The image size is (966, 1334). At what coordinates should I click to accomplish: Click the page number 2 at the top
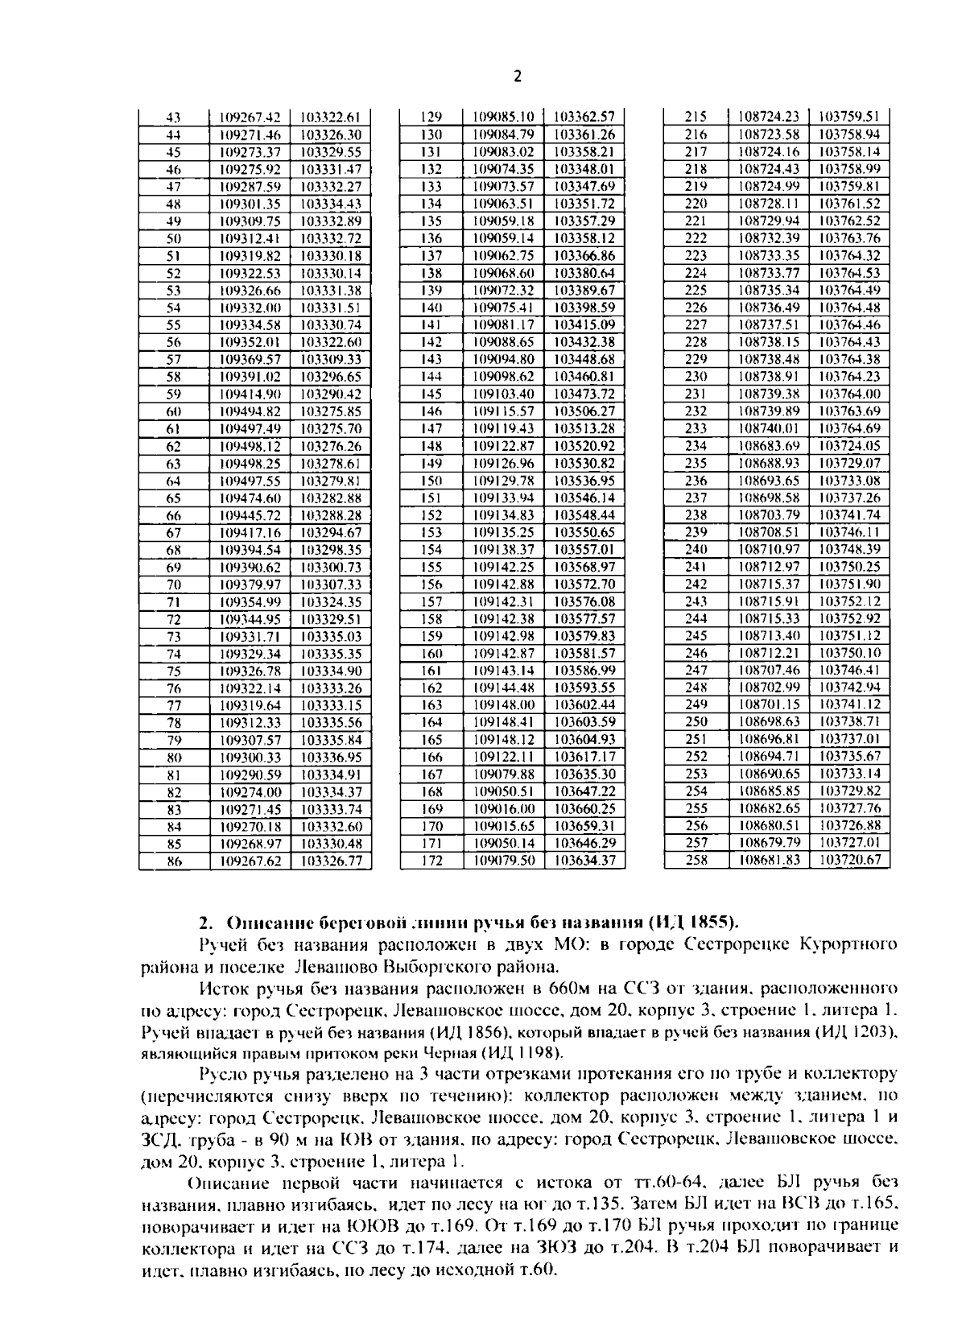click(x=518, y=76)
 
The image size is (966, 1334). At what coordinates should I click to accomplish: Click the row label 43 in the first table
click(x=173, y=118)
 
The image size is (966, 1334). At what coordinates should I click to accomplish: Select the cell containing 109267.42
click(x=250, y=118)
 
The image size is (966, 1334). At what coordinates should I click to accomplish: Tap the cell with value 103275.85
click(x=331, y=411)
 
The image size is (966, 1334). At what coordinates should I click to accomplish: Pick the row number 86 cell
click(x=173, y=861)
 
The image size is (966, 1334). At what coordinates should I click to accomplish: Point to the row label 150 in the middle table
click(x=432, y=481)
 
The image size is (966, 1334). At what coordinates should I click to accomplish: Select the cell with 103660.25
click(x=585, y=809)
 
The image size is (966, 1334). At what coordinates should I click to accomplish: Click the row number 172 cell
click(x=432, y=861)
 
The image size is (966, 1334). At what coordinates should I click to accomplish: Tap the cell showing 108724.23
click(x=769, y=117)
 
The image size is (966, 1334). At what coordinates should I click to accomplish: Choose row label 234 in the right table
click(x=696, y=446)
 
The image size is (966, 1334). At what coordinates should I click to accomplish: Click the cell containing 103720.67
click(x=849, y=861)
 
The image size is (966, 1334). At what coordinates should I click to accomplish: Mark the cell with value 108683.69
click(x=769, y=446)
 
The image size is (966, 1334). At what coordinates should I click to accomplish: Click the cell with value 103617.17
click(x=585, y=758)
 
